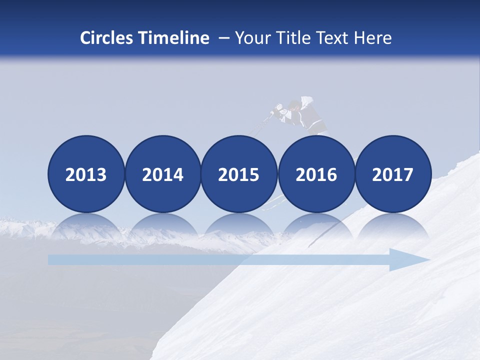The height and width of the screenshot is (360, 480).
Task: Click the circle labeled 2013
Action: pos(86,174)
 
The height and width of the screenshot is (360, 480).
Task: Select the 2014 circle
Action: pos(163,174)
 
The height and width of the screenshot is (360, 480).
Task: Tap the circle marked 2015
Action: pos(239,174)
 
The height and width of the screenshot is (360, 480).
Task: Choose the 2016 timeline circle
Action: pos(316,174)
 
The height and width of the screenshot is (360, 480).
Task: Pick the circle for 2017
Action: pos(393,174)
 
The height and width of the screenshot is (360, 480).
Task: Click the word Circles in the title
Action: pos(107,37)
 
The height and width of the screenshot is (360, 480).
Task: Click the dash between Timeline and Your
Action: pos(223,38)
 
